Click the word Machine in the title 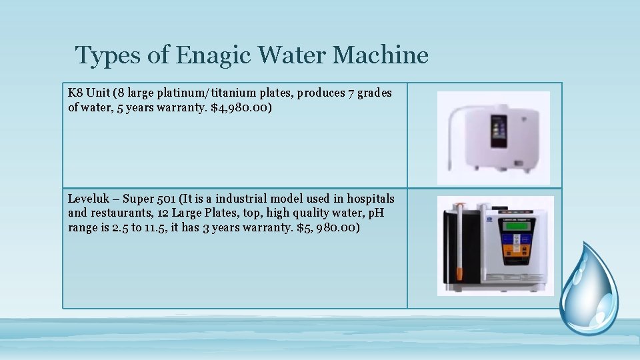[x=380, y=55]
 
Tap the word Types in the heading [x=107, y=55]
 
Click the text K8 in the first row [x=75, y=93]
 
